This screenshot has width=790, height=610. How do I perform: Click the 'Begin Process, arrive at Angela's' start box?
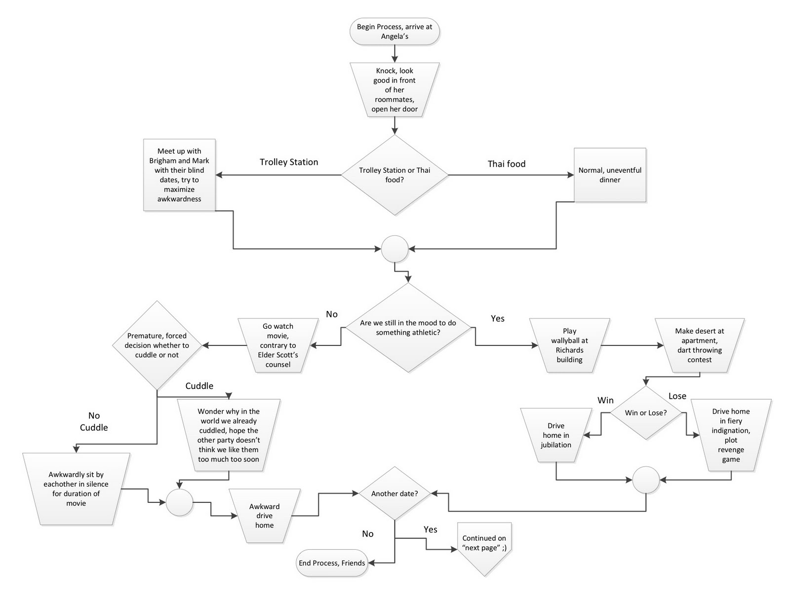(x=395, y=32)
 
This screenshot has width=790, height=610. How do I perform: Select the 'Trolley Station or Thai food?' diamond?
(x=395, y=175)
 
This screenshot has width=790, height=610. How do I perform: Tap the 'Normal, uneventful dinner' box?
(x=610, y=175)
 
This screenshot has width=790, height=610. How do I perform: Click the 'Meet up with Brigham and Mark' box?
(x=179, y=175)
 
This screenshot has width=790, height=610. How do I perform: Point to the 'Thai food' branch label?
(x=507, y=164)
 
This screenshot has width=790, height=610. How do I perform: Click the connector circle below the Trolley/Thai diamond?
(x=395, y=249)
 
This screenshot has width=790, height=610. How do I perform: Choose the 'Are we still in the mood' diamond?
(x=408, y=328)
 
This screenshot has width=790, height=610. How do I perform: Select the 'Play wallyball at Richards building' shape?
(x=569, y=345)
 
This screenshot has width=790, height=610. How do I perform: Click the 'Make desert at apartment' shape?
(x=700, y=345)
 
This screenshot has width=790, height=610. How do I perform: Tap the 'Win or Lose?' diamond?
(x=646, y=413)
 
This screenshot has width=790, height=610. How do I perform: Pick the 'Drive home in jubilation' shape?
(x=556, y=435)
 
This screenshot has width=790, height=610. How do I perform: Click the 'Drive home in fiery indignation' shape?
(x=731, y=435)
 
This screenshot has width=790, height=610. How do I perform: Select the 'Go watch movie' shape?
(x=278, y=345)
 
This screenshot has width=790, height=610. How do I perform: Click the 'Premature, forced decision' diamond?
(x=157, y=345)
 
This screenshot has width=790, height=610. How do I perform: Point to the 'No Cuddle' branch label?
(x=94, y=421)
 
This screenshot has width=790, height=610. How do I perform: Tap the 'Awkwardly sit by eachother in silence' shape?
(x=76, y=489)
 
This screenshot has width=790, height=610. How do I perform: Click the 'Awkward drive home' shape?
(x=265, y=516)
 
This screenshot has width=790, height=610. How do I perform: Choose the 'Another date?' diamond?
(x=395, y=494)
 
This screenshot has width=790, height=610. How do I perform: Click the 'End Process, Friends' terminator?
(x=332, y=563)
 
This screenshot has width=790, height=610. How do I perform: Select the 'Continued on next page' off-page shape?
(x=484, y=545)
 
